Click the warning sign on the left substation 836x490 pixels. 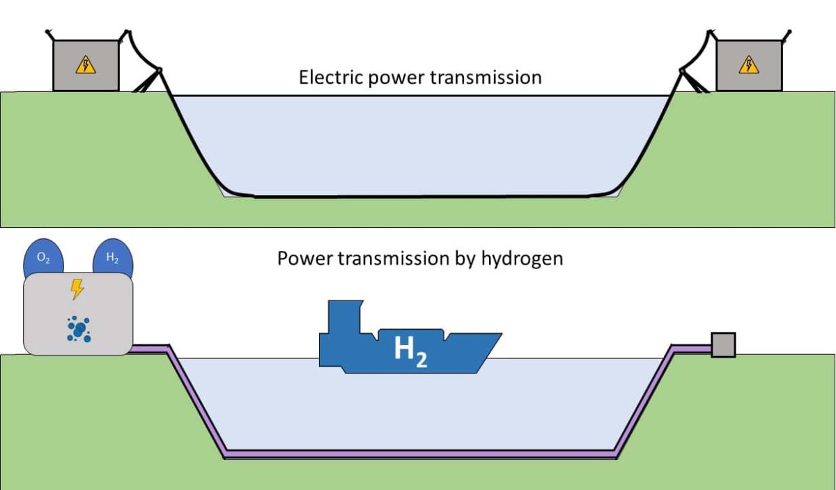(x=86, y=65)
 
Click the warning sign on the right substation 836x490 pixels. (x=748, y=65)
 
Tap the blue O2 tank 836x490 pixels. (x=43, y=259)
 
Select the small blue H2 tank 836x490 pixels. (x=113, y=259)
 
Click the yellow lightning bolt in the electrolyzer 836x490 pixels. (x=77, y=289)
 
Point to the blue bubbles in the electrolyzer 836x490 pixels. (x=79, y=329)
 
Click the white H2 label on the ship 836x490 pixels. (x=410, y=352)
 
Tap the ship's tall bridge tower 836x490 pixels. (x=344, y=316)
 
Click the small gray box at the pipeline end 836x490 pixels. (x=723, y=345)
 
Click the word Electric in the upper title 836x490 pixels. (x=331, y=77)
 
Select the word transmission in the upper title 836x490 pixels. (x=486, y=77)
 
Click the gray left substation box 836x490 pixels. (x=86, y=66)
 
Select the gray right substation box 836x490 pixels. (x=749, y=66)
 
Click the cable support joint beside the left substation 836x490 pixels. (x=160, y=70)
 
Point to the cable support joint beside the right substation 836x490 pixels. (x=682, y=70)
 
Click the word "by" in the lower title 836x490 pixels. (x=465, y=259)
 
